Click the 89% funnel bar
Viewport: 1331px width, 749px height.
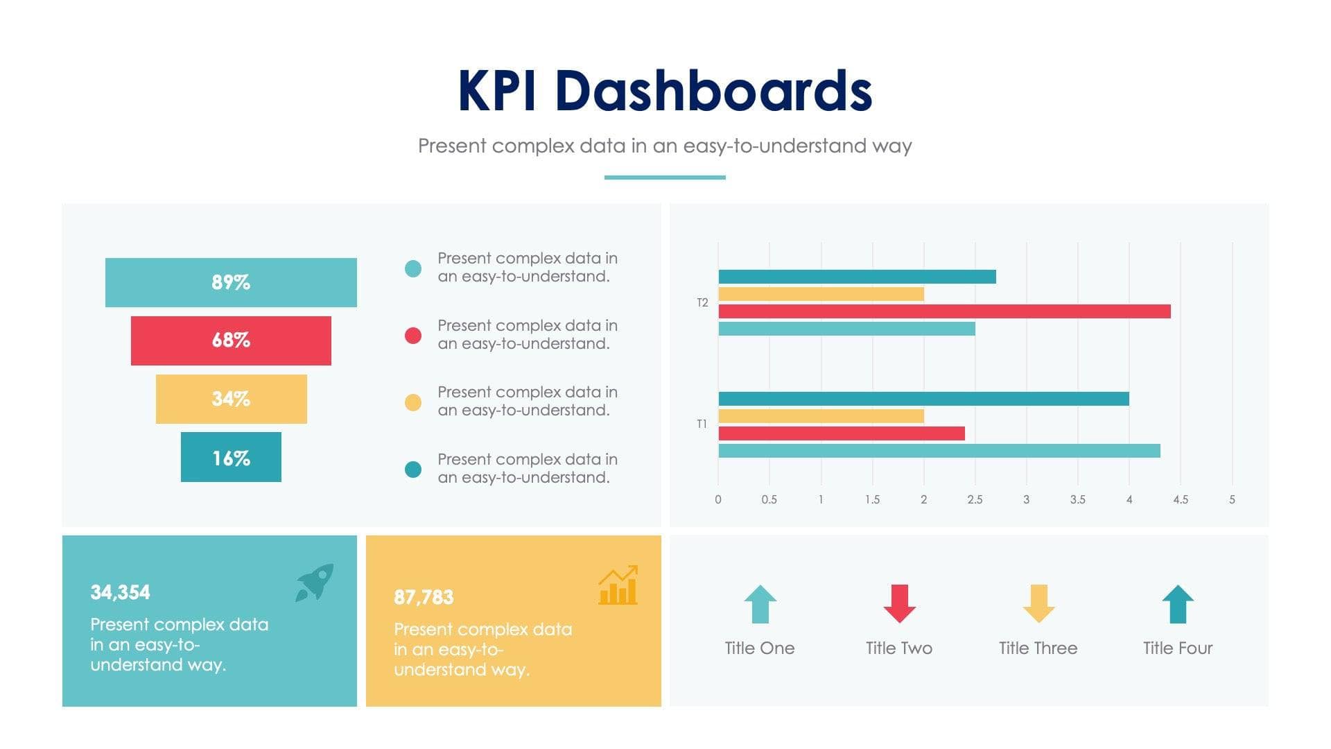pos(231,282)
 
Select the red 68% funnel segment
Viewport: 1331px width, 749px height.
pos(231,341)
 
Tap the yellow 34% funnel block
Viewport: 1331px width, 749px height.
pos(231,399)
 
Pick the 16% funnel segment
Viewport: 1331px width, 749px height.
pos(231,457)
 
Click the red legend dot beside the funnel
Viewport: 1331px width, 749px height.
pos(413,336)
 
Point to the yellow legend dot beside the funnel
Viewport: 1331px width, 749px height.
pos(413,402)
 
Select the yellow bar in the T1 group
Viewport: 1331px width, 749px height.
pos(821,416)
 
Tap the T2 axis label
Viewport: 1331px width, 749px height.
pos(702,303)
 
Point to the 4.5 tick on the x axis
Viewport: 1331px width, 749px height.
pos(1180,499)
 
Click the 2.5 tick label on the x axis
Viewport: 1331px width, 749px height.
pos(975,499)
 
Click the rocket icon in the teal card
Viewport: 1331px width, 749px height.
pos(315,582)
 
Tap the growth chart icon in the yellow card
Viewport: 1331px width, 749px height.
pos(618,585)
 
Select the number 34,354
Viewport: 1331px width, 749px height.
pos(120,592)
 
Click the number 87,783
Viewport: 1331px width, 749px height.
pos(424,597)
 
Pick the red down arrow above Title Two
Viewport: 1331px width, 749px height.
pos(899,603)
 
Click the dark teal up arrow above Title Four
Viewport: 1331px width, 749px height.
pos(1178,604)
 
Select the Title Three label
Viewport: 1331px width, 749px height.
pos(1038,648)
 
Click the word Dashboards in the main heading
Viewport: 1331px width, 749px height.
pos(713,91)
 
